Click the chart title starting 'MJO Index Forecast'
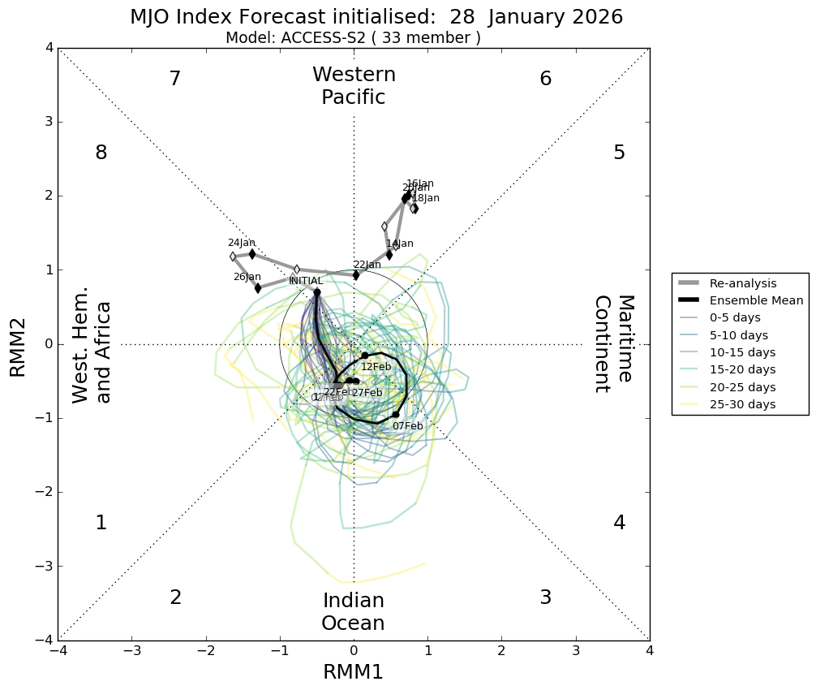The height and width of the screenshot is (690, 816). (x=376, y=17)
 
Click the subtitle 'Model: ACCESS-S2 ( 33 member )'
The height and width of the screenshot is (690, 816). (x=353, y=38)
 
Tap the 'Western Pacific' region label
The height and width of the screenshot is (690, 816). (x=354, y=86)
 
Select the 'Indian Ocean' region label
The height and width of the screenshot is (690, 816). (x=353, y=612)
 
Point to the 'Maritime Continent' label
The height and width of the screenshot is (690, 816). (x=612, y=343)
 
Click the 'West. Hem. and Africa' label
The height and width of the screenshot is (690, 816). (x=92, y=352)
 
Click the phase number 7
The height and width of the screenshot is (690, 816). (x=174, y=80)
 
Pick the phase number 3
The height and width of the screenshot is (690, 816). (x=545, y=597)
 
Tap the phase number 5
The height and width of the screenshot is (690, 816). (x=619, y=153)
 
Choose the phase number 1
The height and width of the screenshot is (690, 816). (x=101, y=524)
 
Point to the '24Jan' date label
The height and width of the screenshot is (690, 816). (x=242, y=243)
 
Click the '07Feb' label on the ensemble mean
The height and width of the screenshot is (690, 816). (x=407, y=426)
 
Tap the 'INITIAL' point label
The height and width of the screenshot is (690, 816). (x=306, y=281)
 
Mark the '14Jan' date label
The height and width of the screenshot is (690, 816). (x=400, y=244)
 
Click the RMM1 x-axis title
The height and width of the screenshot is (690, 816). (x=353, y=672)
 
